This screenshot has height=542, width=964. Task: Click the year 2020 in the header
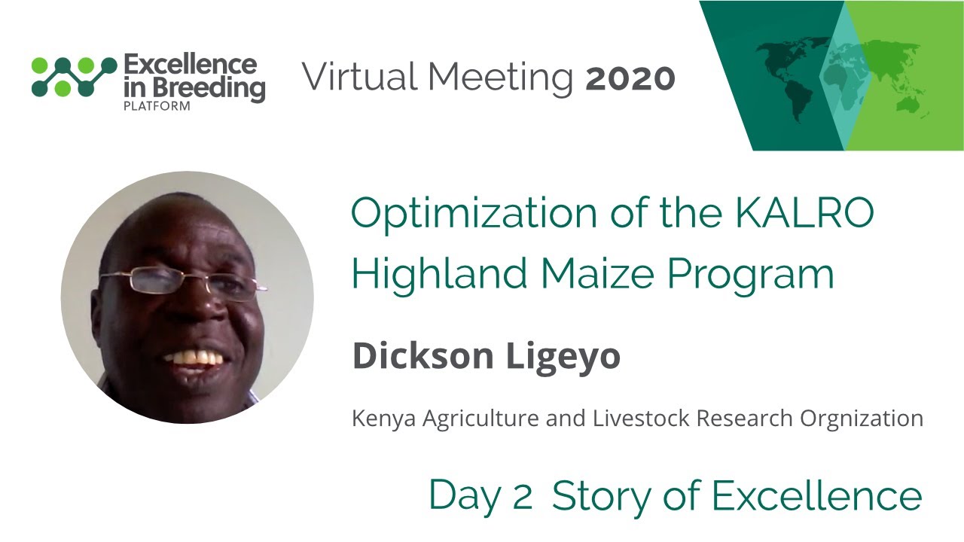tap(630, 78)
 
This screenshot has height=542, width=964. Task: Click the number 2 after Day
tap(523, 497)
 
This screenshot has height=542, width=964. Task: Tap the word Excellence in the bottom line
tap(817, 497)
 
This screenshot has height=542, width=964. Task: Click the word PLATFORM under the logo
tap(156, 106)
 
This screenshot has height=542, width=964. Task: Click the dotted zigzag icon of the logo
tap(74, 76)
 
